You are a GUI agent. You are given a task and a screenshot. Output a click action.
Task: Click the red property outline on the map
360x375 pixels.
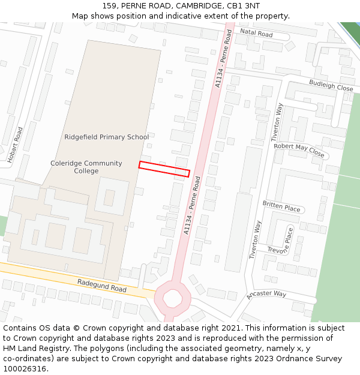[164, 169]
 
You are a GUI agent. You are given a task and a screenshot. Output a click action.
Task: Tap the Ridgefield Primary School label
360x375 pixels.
[107, 137]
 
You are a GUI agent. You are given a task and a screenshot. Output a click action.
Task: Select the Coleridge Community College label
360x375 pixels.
[86, 167]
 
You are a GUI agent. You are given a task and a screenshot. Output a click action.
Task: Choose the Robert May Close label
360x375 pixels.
[299, 150]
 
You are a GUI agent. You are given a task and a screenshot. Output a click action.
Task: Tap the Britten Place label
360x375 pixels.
[281, 206]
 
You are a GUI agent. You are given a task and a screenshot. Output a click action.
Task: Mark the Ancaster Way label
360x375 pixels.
[266, 295]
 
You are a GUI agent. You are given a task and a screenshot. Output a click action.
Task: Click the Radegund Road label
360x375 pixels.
[102, 285]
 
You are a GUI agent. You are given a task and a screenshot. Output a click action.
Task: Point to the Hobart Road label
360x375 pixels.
[15, 145]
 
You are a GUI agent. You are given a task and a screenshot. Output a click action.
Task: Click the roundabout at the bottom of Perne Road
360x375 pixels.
[172, 298]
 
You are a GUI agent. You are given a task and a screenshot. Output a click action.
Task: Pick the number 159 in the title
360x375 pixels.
[110, 6]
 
